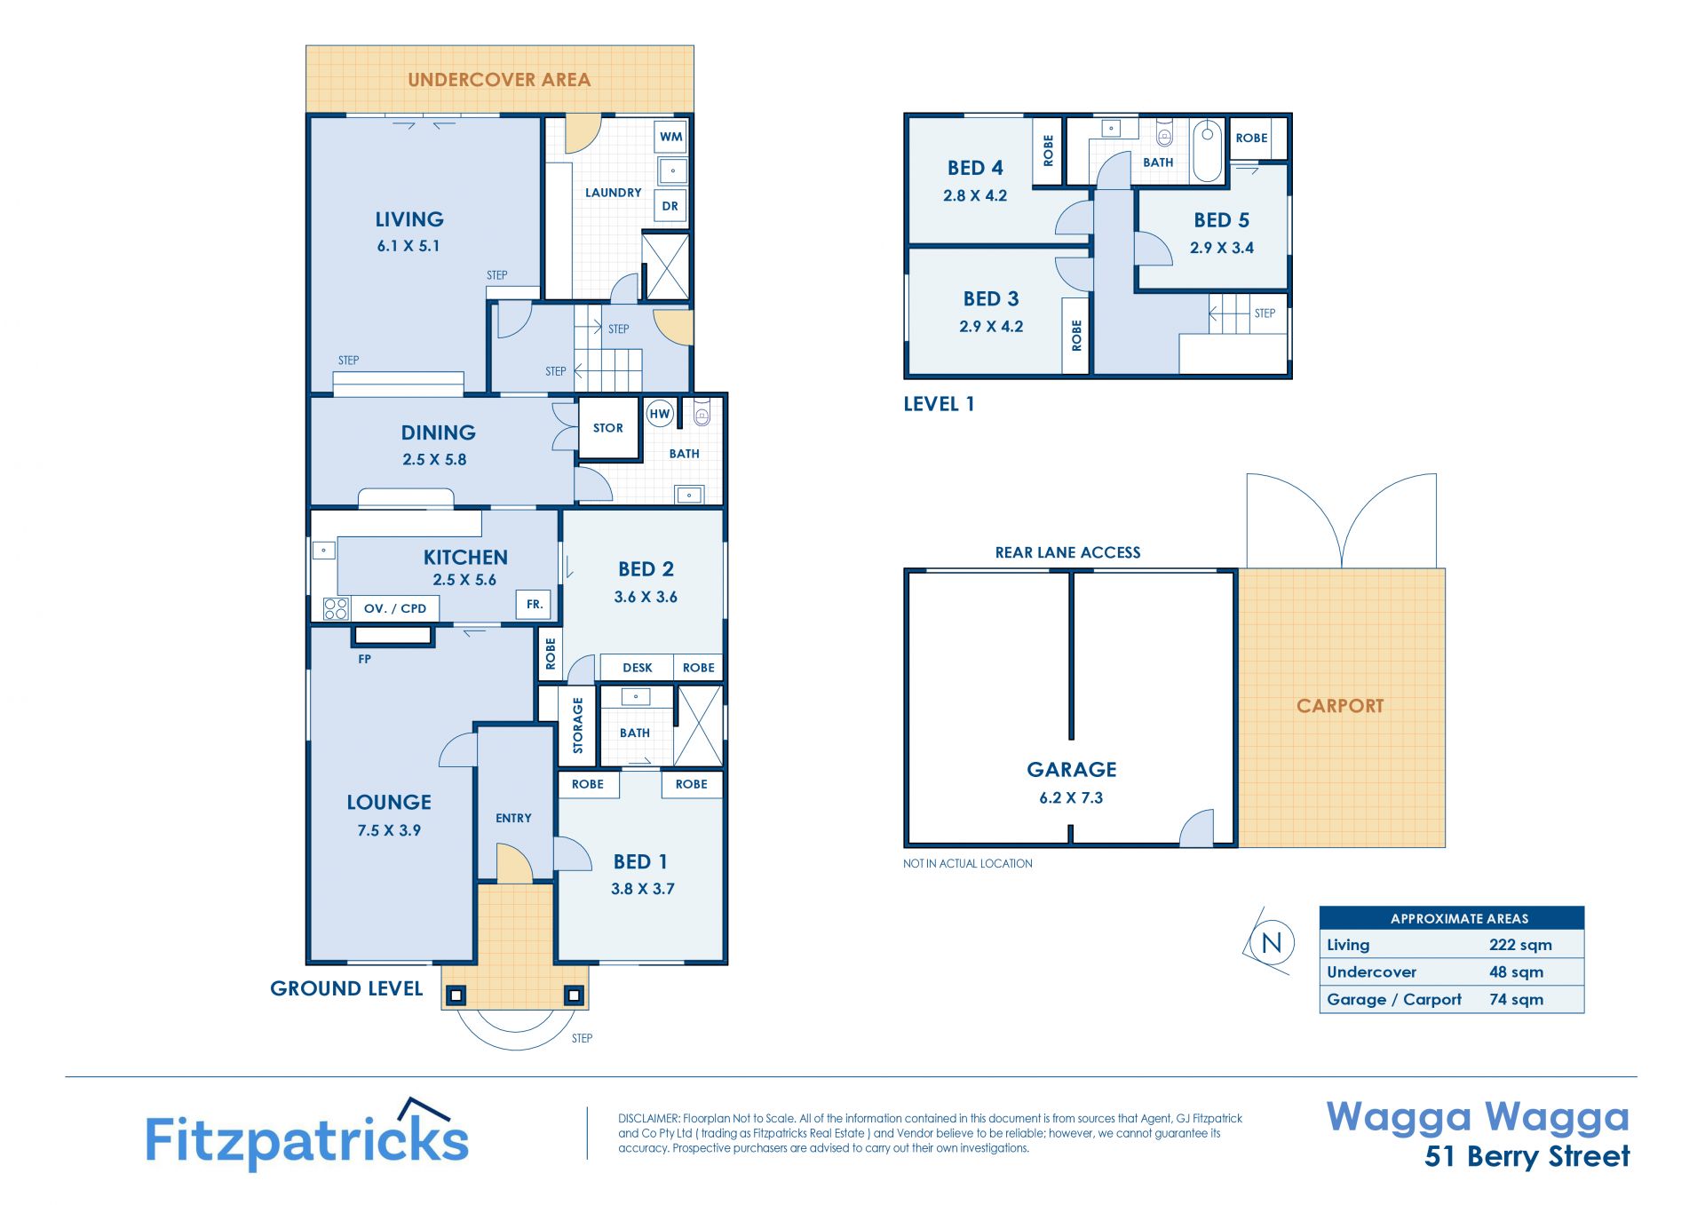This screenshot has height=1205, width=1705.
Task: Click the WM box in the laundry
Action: tap(671, 137)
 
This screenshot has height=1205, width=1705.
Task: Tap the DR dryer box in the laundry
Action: tap(670, 206)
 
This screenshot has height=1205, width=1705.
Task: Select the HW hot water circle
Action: tap(660, 414)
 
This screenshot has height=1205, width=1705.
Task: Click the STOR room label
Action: tap(608, 428)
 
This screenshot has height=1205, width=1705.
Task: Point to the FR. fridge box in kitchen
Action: tap(534, 604)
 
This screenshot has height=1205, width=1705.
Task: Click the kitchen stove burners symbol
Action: tap(336, 608)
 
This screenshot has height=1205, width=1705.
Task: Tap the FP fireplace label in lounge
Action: tap(364, 659)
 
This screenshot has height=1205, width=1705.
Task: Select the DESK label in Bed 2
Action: tap(638, 668)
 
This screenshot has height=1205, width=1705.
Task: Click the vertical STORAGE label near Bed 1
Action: tap(578, 725)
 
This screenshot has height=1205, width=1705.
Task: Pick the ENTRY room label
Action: tap(513, 818)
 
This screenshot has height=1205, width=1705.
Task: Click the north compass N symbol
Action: tap(1271, 942)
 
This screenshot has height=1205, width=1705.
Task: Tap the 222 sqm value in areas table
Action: tap(1520, 945)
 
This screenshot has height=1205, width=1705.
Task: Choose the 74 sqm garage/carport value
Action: tap(1516, 999)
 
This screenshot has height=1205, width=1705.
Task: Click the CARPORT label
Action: tap(1340, 706)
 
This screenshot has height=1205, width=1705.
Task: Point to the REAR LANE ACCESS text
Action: tap(1067, 552)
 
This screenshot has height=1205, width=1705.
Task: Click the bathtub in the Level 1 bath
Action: tap(1207, 151)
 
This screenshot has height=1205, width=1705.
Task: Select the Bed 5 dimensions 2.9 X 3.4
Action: tap(1222, 248)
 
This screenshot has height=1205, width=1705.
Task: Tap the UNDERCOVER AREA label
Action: tap(499, 80)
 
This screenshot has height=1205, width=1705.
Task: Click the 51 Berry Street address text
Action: tap(1527, 1156)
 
